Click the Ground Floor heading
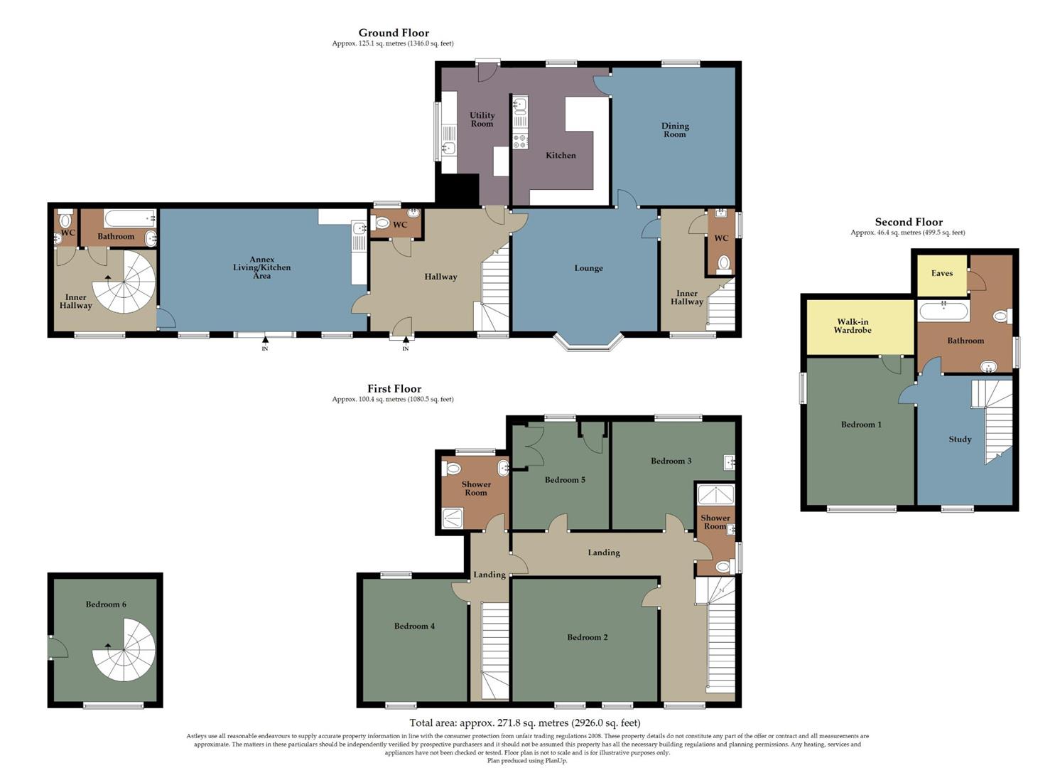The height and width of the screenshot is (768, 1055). point(393,33)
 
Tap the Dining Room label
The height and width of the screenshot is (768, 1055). point(674,130)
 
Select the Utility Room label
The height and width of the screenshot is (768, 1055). point(482,119)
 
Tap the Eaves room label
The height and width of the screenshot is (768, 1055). point(941,273)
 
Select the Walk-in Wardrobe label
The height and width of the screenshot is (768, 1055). point(852,326)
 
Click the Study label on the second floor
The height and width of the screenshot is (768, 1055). point(959,439)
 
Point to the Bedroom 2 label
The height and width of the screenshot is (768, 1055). point(587,637)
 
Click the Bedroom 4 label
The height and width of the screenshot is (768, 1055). point(414,626)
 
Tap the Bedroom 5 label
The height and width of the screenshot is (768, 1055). point(565,480)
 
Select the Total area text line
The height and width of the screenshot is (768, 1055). point(524,722)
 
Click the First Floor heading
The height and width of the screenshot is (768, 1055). point(394,389)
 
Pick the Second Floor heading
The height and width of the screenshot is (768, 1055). point(908,222)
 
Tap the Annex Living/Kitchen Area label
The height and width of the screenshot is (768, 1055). point(261,268)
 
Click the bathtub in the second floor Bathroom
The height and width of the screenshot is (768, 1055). point(943,311)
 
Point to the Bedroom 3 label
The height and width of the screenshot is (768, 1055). point(671,461)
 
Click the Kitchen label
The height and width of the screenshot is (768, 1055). point(561,155)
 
